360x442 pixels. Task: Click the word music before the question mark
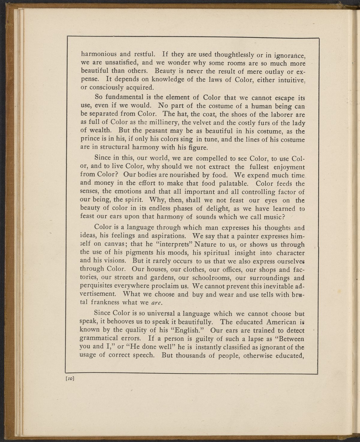coord(272,217)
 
